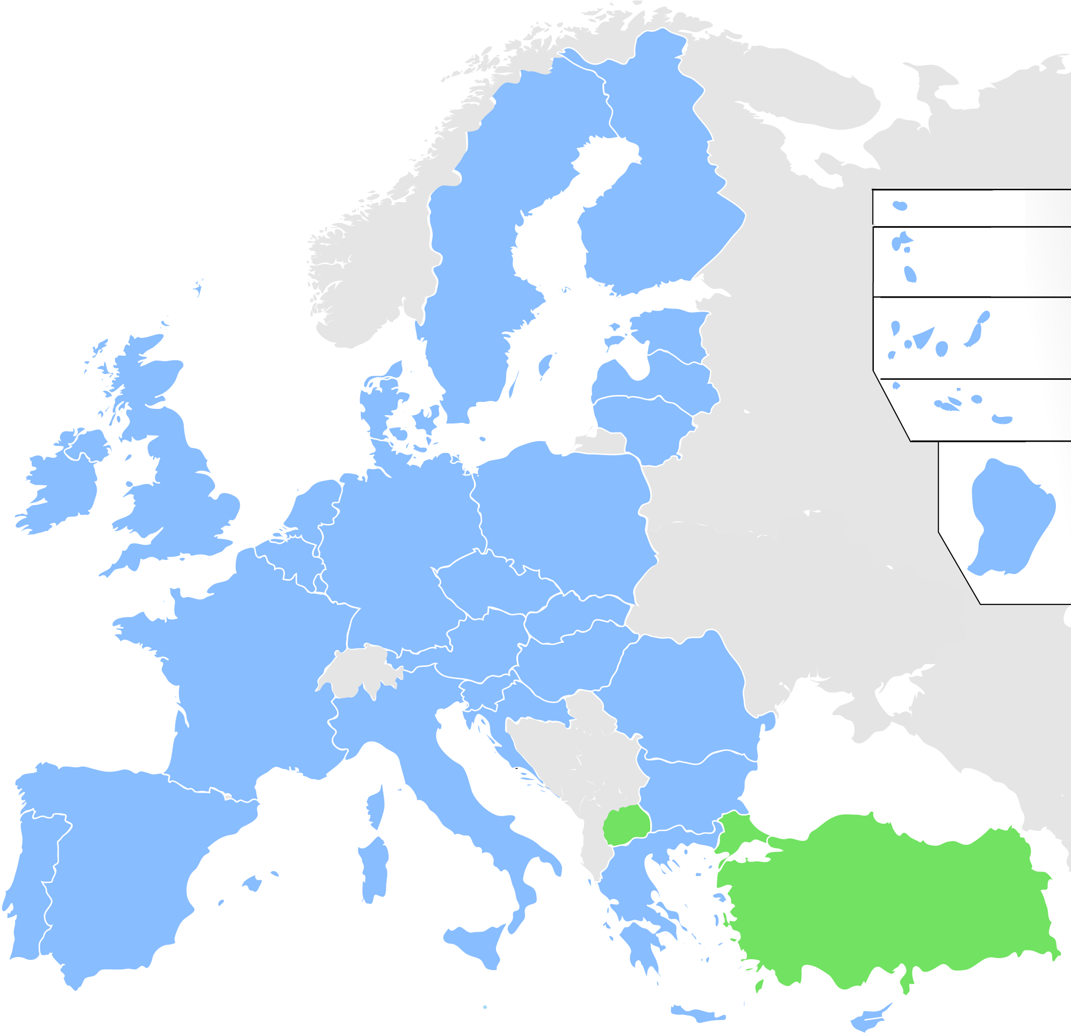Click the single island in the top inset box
tap(900, 206)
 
